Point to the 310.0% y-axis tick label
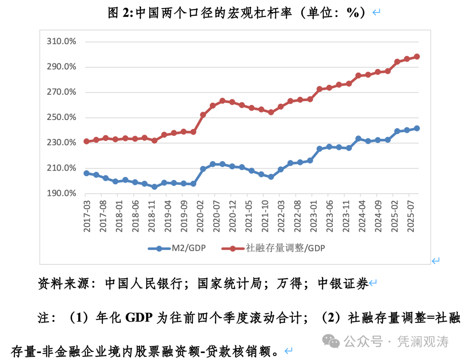click(62, 42)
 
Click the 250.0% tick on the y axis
click(62, 117)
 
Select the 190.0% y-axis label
click(62, 193)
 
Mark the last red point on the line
click(417, 57)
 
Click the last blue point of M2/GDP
click(417, 128)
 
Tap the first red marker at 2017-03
click(87, 141)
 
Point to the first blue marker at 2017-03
click(87, 173)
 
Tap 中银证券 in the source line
click(343, 283)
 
